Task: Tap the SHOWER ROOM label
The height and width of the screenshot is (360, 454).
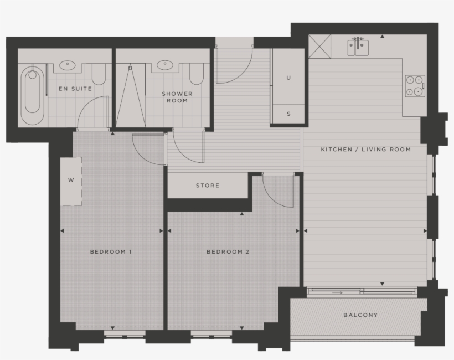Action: pos(177,97)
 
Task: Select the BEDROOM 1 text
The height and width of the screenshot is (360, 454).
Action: pos(111,252)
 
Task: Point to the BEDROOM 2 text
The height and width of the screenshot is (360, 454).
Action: pos(228,252)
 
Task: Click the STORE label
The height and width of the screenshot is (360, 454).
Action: pos(208,186)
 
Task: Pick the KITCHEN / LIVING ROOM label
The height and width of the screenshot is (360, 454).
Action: pos(366,150)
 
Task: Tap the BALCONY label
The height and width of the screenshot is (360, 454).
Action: pos(360,315)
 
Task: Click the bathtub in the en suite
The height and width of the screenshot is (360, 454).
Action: pos(33,96)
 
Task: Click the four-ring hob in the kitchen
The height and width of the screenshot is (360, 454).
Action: pos(415,86)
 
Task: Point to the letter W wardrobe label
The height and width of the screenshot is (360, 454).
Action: pos(71,180)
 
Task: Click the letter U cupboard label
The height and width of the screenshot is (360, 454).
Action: pos(288,78)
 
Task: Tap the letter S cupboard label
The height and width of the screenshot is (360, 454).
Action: pos(288,114)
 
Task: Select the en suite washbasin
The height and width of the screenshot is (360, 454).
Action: pos(67,65)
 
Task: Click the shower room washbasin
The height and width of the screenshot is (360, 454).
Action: pos(164,65)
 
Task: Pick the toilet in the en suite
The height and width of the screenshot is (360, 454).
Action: pos(99,73)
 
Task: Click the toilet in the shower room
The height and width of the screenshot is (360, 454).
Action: pos(196,73)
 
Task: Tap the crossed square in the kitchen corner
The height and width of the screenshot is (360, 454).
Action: pos(320,45)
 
